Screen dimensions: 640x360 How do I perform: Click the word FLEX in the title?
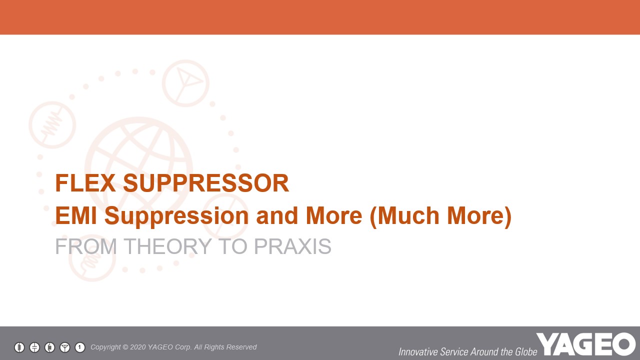(85, 183)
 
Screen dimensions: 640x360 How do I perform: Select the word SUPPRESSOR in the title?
(206, 183)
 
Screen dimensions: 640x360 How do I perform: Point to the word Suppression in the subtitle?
(176, 217)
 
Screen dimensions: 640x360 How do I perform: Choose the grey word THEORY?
(167, 246)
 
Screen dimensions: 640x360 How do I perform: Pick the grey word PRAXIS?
(292, 246)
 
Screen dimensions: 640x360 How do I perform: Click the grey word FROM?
(86, 246)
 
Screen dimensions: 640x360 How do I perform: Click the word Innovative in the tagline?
(418, 351)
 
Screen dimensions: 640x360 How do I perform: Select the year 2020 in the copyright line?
(137, 347)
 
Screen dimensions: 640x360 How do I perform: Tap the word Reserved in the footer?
(243, 347)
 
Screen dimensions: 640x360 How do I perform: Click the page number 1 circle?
(80, 347)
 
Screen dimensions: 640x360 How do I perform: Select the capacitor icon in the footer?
(34, 347)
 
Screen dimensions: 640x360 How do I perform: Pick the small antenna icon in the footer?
(65, 347)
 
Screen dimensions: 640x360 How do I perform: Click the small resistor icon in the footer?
(19, 347)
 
